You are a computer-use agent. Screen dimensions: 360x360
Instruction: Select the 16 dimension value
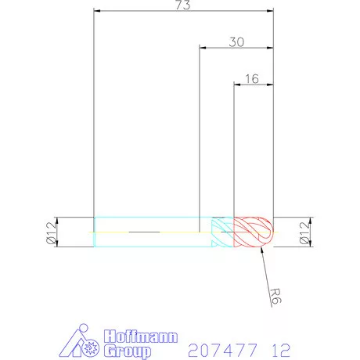251,79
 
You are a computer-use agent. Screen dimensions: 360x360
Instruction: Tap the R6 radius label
274,297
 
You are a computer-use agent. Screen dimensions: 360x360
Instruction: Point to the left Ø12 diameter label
52,232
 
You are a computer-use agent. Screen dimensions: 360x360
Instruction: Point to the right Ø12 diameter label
306,232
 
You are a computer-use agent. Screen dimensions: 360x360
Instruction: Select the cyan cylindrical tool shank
149,232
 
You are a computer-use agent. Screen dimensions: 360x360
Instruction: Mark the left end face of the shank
95,232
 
